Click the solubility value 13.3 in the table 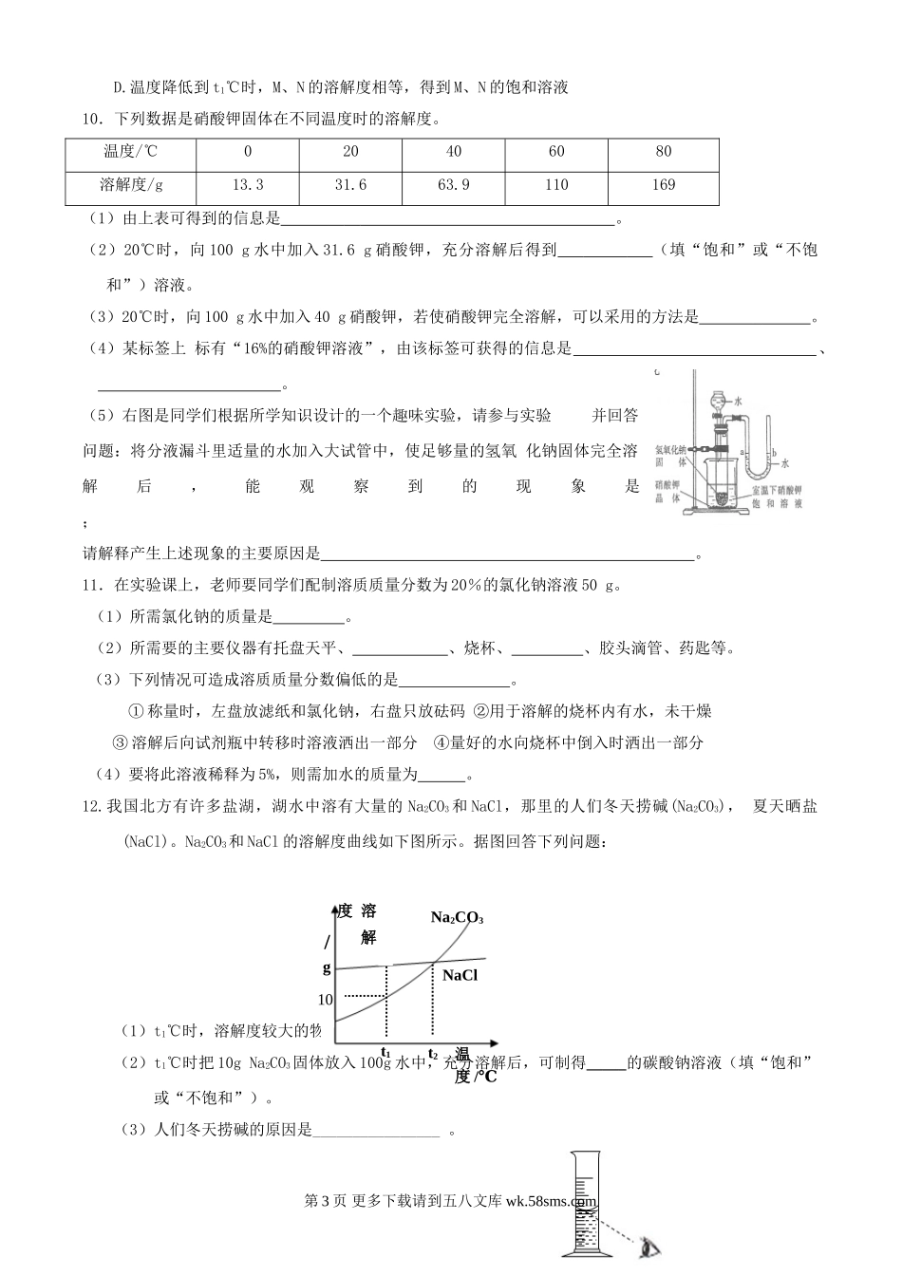pyautogui.click(x=248, y=185)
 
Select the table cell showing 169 pyautogui.click(x=664, y=185)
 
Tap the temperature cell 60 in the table pyautogui.click(x=556, y=152)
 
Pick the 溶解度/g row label pyautogui.click(x=131, y=185)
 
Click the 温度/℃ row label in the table pyautogui.click(x=131, y=152)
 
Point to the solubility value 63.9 pyautogui.click(x=454, y=185)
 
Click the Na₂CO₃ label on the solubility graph pyautogui.click(x=457, y=918)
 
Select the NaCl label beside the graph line pyautogui.click(x=460, y=976)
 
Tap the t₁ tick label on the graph pyautogui.click(x=386, y=1052)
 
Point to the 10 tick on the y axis pyautogui.click(x=326, y=1000)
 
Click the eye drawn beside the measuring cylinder pyautogui.click(x=649, y=1248)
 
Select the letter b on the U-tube pyautogui.click(x=773, y=453)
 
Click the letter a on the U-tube pyautogui.click(x=742, y=453)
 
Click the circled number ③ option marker pyautogui.click(x=120, y=743)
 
